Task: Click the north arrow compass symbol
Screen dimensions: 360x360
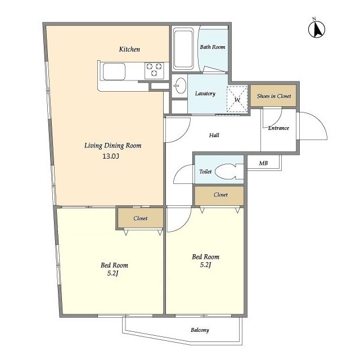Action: pyautogui.click(x=317, y=29)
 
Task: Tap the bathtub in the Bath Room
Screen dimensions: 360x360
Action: pyautogui.click(x=183, y=49)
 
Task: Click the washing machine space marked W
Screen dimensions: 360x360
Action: pyautogui.click(x=237, y=99)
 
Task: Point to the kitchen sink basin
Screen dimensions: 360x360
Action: pyautogui.click(x=114, y=71)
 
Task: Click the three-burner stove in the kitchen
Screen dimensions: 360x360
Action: pyautogui.click(x=154, y=70)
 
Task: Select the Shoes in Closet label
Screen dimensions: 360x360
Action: pyautogui.click(x=274, y=96)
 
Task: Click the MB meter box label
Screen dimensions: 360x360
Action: pyautogui.click(x=263, y=163)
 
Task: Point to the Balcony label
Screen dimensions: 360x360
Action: pyautogui.click(x=200, y=330)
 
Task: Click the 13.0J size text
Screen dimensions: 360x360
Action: pyautogui.click(x=111, y=156)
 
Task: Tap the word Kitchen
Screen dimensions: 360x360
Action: pyautogui.click(x=129, y=49)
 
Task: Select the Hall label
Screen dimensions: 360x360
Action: pyautogui.click(x=214, y=135)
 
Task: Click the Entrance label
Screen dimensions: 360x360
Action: pyautogui.click(x=278, y=128)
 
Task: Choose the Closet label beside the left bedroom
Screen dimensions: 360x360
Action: pyautogui.click(x=140, y=218)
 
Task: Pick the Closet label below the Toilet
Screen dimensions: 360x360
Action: pyautogui.click(x=220, y=195)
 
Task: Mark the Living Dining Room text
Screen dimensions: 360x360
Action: pyautogui.click(x=112, y=146)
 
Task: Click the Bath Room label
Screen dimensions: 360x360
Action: pyautogui.click(x=213, y=47)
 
